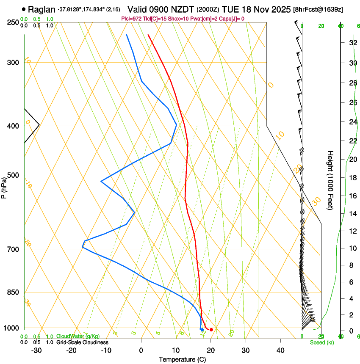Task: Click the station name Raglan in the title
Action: pos(42,9)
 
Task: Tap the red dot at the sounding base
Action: pos(211,329)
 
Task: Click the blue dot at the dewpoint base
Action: pos(202,329)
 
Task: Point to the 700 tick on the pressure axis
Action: pos(13,249)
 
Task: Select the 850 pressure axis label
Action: pos(13,292)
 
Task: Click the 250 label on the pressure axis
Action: pos(13,22)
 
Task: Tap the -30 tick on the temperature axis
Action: pos(36,350)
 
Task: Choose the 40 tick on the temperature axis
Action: pos(280,350)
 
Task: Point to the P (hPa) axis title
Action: pos(4,186)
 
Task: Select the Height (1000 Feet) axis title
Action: pos(331,180)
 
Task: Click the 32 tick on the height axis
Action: pos(352,43)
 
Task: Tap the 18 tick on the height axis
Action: pos(352,178)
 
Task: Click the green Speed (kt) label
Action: pos(321,342)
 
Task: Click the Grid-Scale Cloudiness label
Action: pos(82,342)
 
